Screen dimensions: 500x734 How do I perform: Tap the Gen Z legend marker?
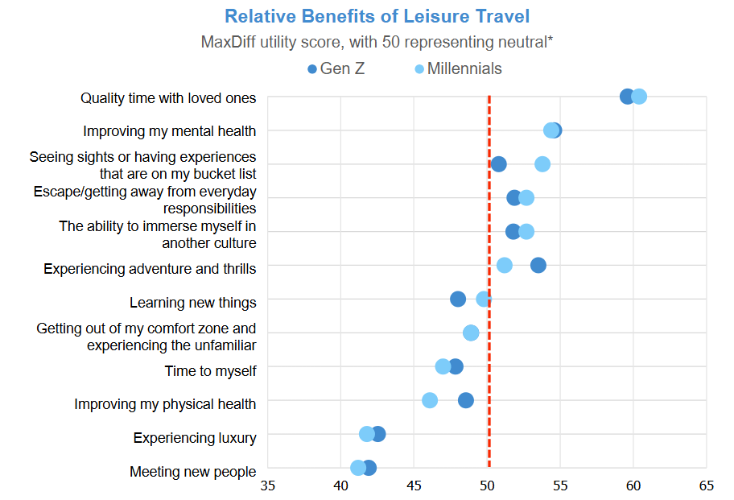pyautogui.click(x=313, y=69)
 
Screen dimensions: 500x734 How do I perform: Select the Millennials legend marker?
pyautogui.click(x=419, y=69)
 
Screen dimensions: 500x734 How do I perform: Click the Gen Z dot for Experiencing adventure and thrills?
pyautogui.click(x=538, y=265)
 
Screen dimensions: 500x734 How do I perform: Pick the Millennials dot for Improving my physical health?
pyautogui.click(x=430, y=400)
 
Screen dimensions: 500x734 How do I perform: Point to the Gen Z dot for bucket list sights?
pyautogui.click(x=499, y=164)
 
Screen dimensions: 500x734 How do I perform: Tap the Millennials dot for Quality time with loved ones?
pyautogui.click(x=639, y=97)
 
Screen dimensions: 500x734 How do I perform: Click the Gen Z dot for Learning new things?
pyautogui.click(x=458, y=300)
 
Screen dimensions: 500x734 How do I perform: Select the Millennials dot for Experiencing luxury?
pyautogui.click(x=367, y=434)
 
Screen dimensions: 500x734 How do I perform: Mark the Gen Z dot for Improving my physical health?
pyautogui.click(x=466, y=400)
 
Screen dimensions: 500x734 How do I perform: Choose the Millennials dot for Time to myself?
pyautogui.click(x=443, y=366)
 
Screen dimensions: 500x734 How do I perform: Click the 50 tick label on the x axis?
pyautogui.click(x=487, y=486)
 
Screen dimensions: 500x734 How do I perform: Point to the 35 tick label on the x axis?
pyautogui.click(x=267, y=486)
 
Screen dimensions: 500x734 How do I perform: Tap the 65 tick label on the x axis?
pyautogui.click(x=706, y=486)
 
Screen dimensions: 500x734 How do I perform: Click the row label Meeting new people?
pyautogui.click(x=193, y=472)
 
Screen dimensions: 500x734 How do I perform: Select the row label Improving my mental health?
pyautogui.click(x=170, y=131)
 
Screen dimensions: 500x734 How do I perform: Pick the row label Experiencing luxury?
pyautogui.click(x=195, y=438)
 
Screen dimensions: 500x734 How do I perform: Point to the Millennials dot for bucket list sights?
pyautogui.click(x=542, y=164)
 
